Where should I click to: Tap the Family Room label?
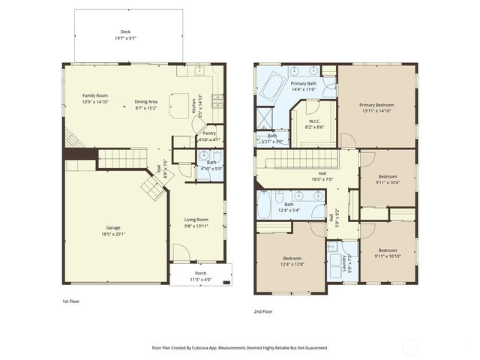tap(95, 98)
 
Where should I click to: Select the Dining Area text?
tap(145, 104)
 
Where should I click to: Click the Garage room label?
tap(113, 230)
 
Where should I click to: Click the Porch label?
tap(200, 275)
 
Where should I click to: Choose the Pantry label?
tap(209, 136)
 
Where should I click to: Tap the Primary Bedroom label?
tap(376, 107)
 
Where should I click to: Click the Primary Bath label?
tap(304, 85)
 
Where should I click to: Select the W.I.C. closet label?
tap(314, 123)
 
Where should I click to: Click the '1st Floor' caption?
tap(71, 301)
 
